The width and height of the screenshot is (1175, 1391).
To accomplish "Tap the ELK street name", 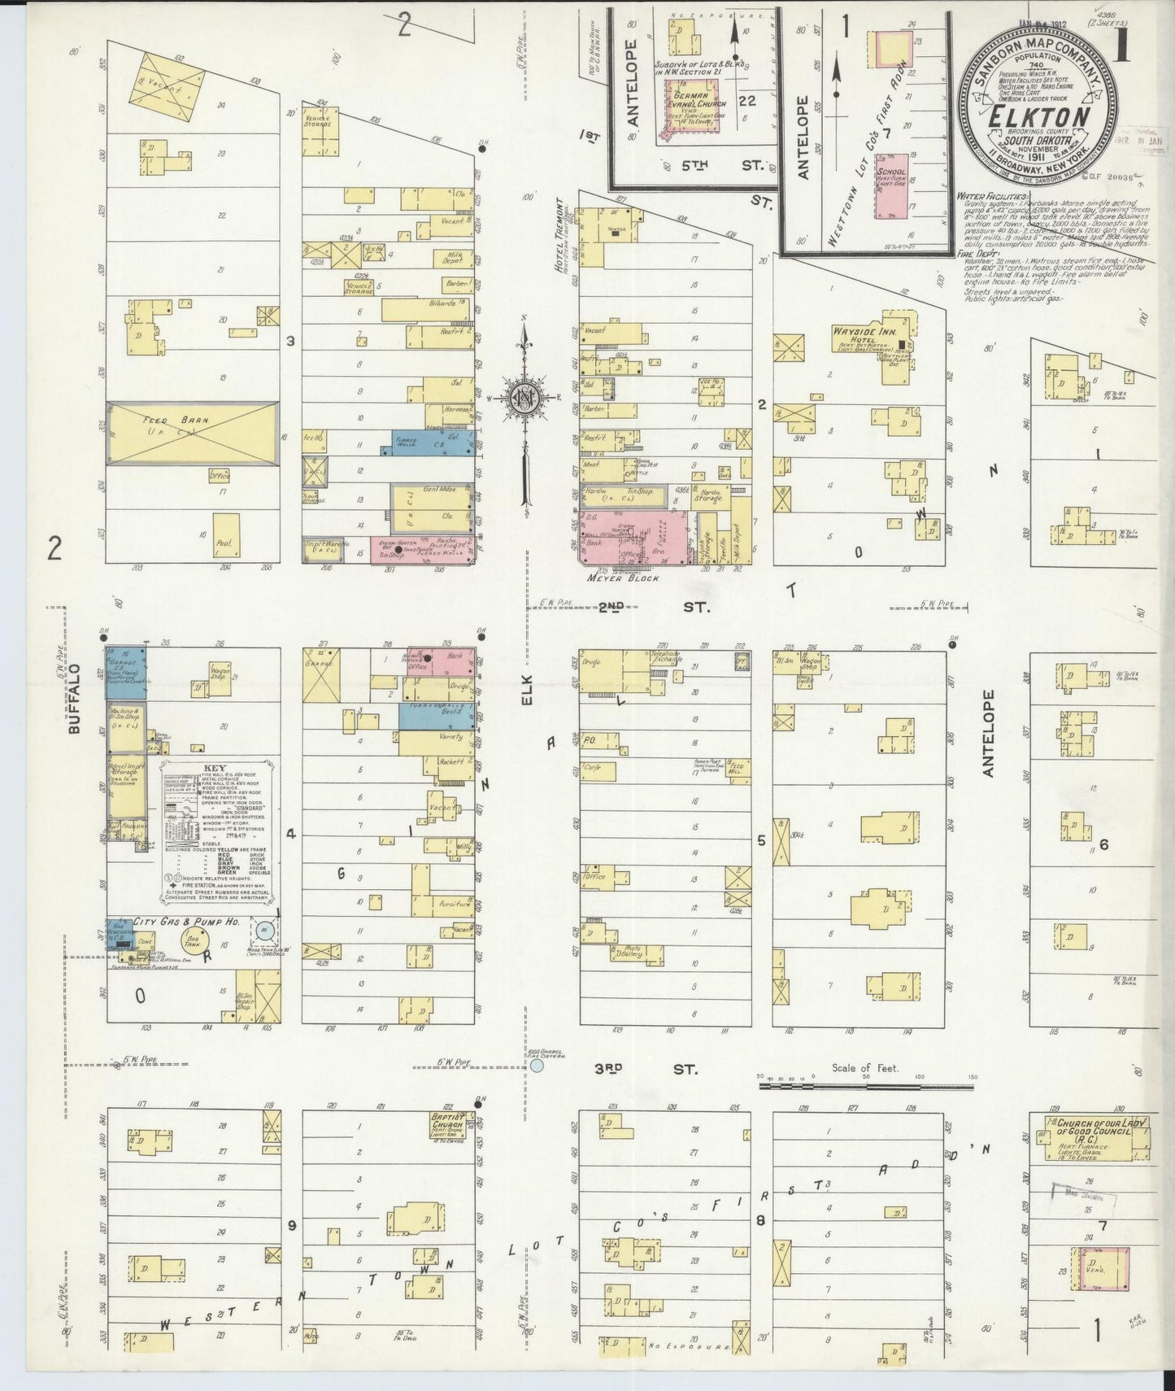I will coord(525,688).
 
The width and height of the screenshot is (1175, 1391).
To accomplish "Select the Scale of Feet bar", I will coord(867,1084).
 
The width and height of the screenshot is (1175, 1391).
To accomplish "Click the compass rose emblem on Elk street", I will coord(524,397).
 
